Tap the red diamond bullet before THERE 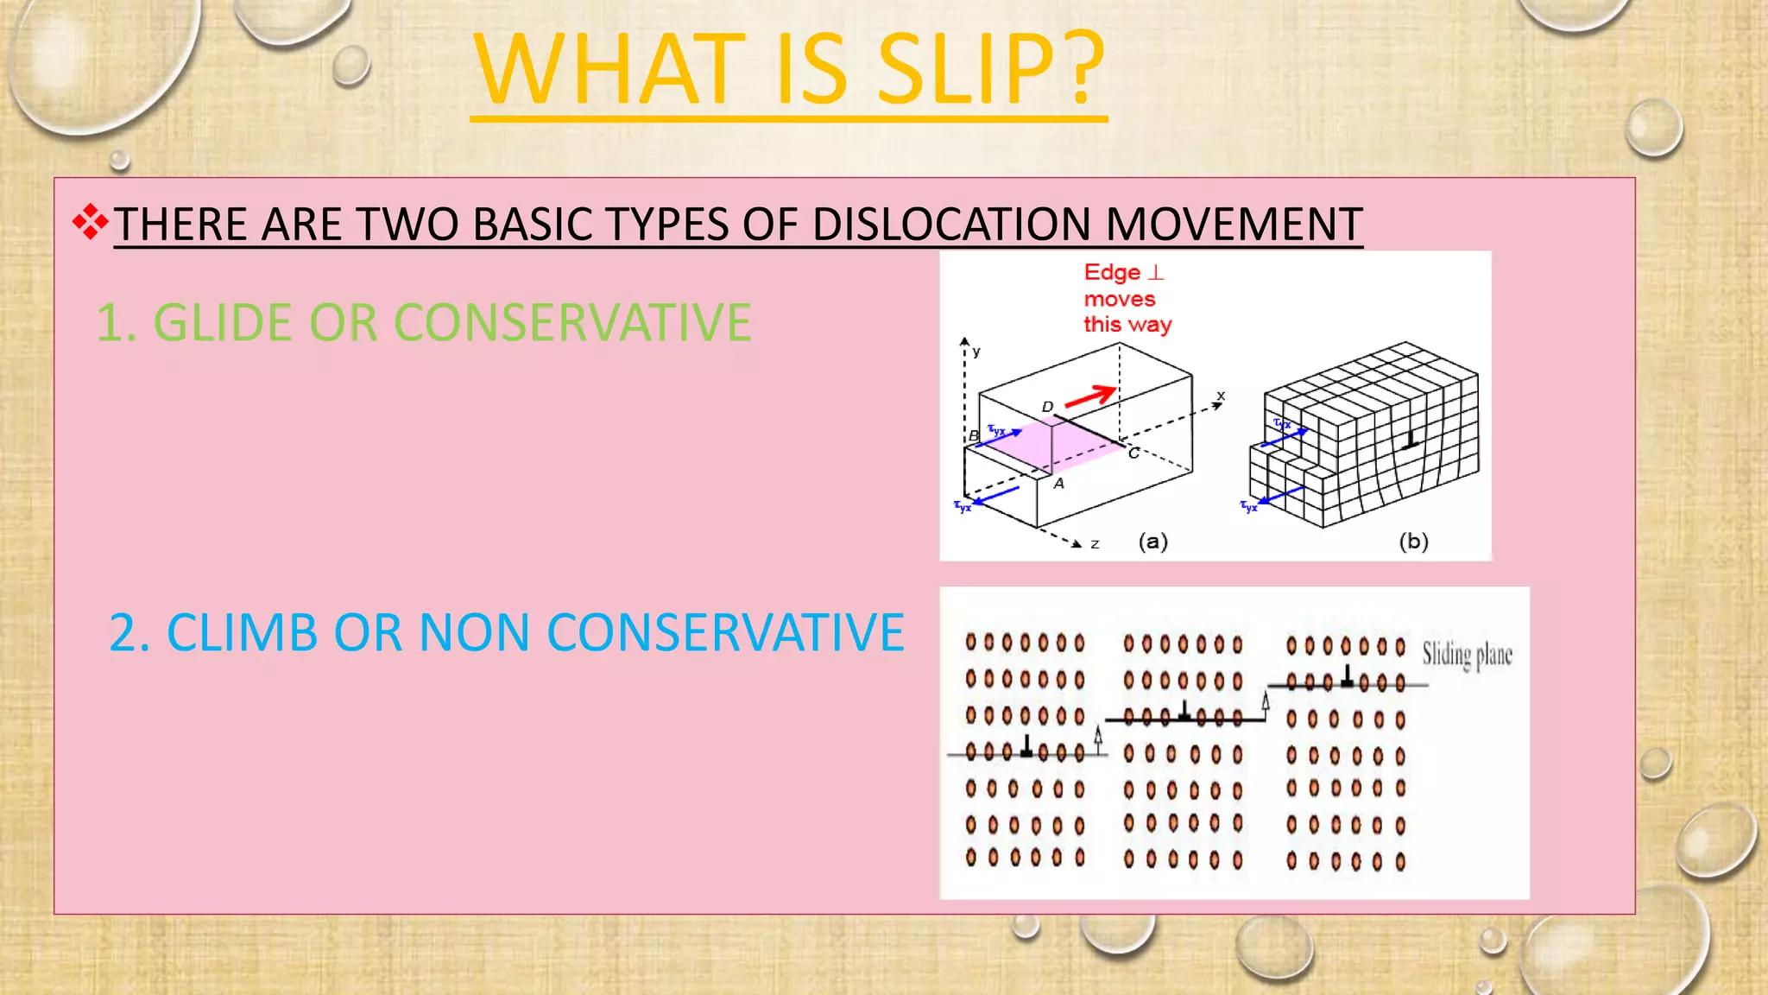pos(90,223)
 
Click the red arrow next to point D pos(1089,397)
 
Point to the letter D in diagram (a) pos(1047,407)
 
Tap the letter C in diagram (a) pos(1133,453)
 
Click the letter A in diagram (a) pos(1059,484)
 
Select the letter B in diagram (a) pos(974,436)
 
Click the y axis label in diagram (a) pos(976,352)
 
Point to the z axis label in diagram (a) pos(1095,544)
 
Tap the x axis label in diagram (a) pos(1221,396)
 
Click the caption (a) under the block pos(1153,542)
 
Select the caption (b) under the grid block pos(1413,542)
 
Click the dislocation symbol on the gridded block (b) pos(1411,441)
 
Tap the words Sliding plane pos(1467,655)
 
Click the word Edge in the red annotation pos(1112,273)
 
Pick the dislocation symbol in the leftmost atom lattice pos(1026,747)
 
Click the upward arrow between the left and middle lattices pos(1098,737)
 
